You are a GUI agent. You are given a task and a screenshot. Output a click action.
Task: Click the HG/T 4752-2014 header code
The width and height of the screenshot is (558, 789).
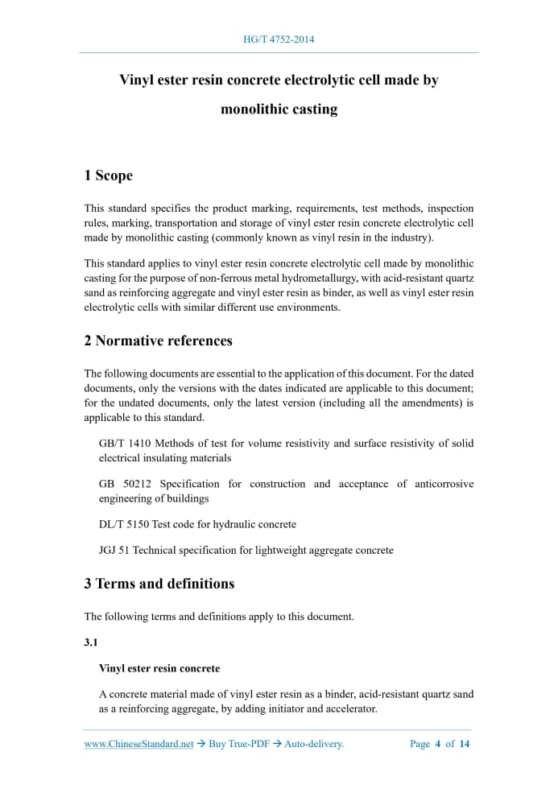pyautogui.click(x=279, y=39)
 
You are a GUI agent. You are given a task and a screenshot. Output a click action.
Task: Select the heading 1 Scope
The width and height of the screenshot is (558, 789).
pyautogui.click(x=108, y=176)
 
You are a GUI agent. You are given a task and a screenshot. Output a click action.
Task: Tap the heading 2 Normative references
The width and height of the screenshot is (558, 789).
pyautogui.click(x=158, y=341)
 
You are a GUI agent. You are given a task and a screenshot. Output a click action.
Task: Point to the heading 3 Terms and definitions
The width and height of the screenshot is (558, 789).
pyautogui.click(x=159, y=584)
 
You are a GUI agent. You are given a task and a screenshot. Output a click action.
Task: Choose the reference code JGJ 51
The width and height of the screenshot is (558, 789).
pyautogui.click(x=114, y=551)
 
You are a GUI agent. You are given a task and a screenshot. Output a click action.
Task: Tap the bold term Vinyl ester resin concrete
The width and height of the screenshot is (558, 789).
pyautogui.click(x=159, y=668)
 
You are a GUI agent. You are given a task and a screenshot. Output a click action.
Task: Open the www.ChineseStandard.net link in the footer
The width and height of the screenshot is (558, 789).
pyautogui.click(x=138, y=744)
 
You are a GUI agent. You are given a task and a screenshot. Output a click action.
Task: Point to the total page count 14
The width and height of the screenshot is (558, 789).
pyautogui.click(x=465, y=744)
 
